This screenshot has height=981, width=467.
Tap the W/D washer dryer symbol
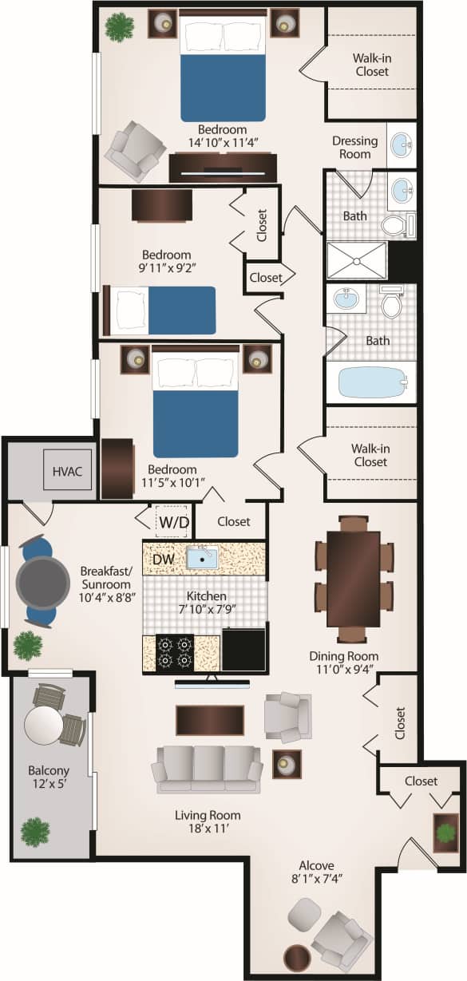(x=174, y=522)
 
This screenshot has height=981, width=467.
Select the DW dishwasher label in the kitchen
(x=163, y=560)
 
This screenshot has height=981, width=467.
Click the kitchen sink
(x=203, y=558)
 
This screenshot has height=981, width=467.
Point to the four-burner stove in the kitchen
(x=176, y=651)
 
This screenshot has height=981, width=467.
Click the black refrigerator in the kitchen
(x=243, y=650)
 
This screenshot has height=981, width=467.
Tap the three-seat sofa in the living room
(x=208, y=768)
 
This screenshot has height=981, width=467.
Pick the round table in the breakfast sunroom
(x=43, y=583)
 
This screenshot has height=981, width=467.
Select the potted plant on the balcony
(x=34, y=832)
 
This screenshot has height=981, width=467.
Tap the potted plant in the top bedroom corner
(x=120, y=27)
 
